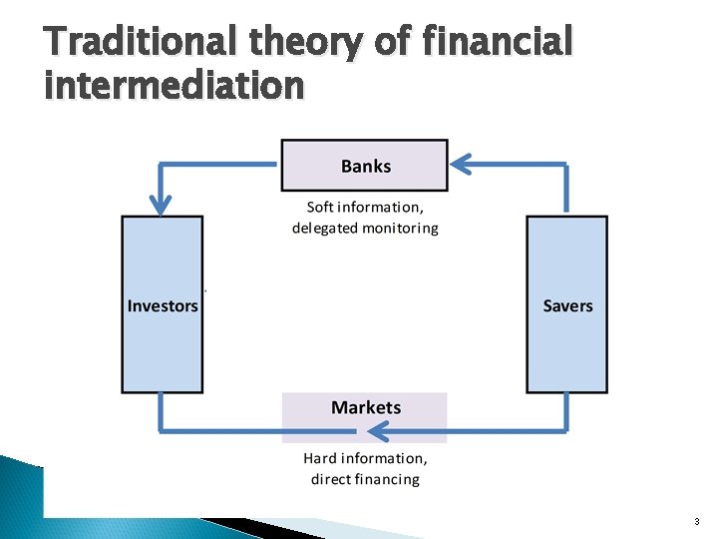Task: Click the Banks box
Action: pos(365,166)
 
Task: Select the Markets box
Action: pos(365,415)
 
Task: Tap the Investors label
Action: pos(163,305)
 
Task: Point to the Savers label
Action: pos(567,305)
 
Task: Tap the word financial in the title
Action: pos(499,44)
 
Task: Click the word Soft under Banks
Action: pos(320,208)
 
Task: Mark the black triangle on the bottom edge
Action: pos(239,526)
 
